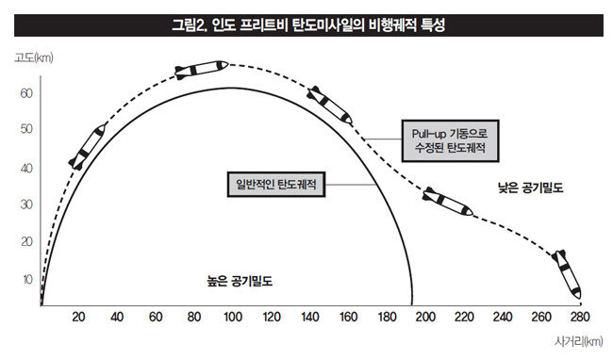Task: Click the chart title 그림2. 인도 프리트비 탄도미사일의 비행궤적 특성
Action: (308, 25)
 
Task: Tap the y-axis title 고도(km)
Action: (34, 57)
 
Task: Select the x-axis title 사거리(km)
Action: (579, 341)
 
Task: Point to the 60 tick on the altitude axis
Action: (26, 93)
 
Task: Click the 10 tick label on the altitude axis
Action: (27, 280)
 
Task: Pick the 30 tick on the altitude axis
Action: (26, 205)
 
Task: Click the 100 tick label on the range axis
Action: (233, 317)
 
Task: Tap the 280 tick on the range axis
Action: (580, 317)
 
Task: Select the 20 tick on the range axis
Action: (78, 317)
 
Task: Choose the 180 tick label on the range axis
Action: (387, 317)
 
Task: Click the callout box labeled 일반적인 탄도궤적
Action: (276, 185)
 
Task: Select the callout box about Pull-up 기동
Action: (451, 141)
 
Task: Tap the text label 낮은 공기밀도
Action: (531, 188)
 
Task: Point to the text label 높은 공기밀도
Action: (240, 281)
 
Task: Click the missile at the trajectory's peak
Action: (201, 70)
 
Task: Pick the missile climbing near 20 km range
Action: (87, 147)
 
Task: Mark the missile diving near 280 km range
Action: (567, 274)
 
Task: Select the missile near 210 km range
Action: (448, 202)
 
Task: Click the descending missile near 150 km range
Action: (329, 105)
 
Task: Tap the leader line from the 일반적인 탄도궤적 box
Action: (351, 185)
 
